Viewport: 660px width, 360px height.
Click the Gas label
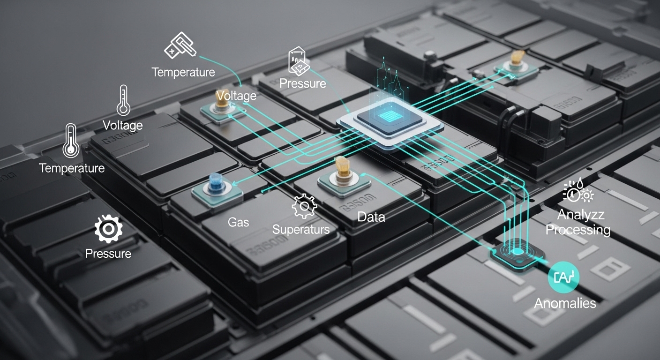[239, 222]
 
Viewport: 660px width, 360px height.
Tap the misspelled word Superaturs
[301, 229]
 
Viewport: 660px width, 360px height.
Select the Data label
[371, 217]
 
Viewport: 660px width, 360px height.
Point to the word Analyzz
[581, 215]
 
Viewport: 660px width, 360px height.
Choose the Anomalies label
[565, 303]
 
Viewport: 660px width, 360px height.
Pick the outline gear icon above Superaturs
[304, 206]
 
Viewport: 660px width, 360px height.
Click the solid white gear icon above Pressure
[108, 229]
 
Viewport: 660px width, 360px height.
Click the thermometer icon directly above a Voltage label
[123, 100]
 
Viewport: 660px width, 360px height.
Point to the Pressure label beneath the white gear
[108, 254]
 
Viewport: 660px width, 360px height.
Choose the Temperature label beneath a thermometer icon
[72, 168]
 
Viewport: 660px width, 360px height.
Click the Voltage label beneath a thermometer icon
[123, 125]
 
